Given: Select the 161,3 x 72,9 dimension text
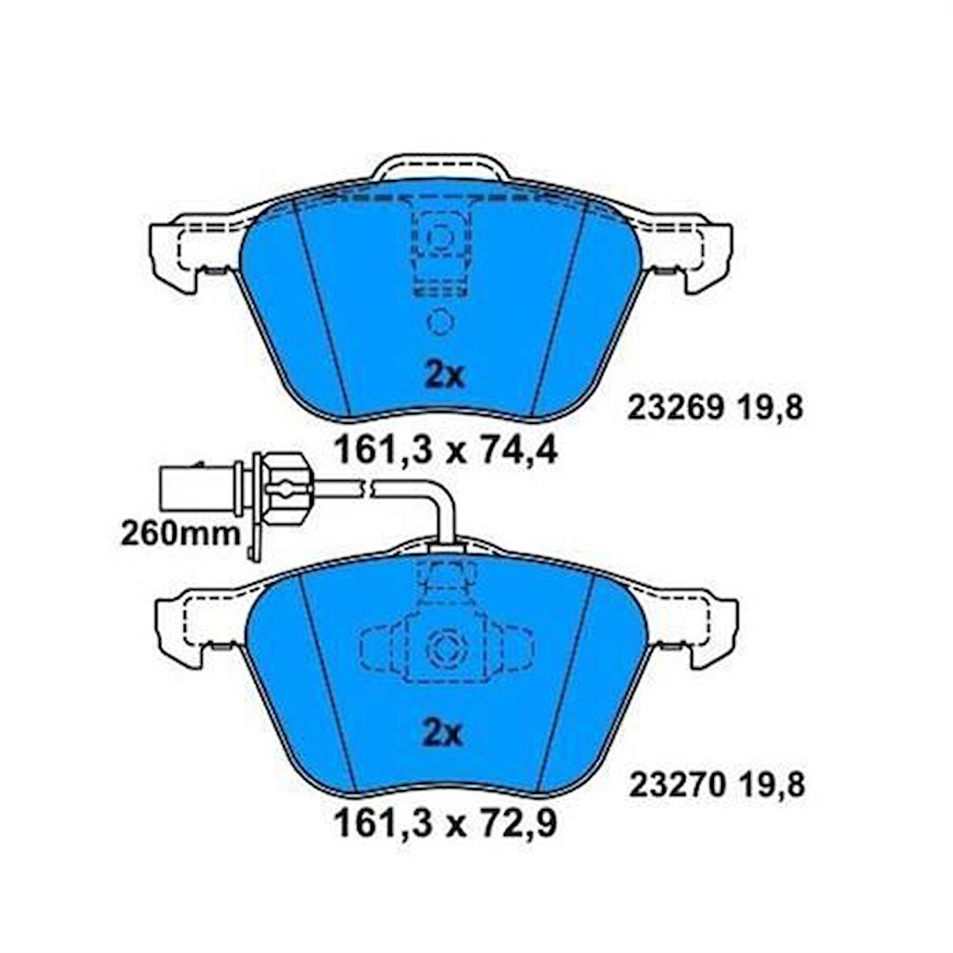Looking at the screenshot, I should pyautogui.click(x=445, y=825).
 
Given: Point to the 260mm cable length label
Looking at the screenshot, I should pyautogui.click(x=180, y=533).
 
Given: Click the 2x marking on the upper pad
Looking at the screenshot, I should pyautogui.click(x=443, y=374).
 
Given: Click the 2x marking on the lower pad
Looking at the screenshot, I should pyautogui.click(x=443, y=734).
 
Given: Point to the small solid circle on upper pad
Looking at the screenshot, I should pyautogui.click(x=440, y=322).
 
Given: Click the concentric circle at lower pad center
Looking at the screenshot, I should pyautogui.click(x=443, y=647).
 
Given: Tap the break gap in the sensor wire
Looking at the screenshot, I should pyautogui.click(x=368, y=487).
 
